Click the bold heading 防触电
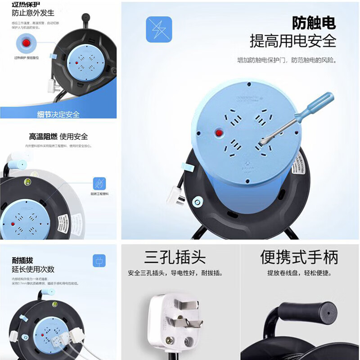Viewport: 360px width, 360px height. coord(314,23)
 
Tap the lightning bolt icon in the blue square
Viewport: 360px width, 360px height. coord(159,30)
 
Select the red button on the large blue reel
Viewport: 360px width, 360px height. coord(220,133)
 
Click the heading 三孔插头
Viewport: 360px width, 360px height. coord(175,257)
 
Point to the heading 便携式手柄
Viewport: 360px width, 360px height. coord(299,257)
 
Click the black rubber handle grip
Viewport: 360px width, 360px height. coord(308,312)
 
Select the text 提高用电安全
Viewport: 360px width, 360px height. coord(293,41)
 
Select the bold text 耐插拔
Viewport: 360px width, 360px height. coord(22,261)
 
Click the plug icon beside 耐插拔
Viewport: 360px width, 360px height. coord(98,261)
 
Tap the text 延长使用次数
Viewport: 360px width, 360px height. coord(33,269)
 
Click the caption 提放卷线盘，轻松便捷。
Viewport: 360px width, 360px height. coord(299,273)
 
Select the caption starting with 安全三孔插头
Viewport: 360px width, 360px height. coord(175,273)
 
